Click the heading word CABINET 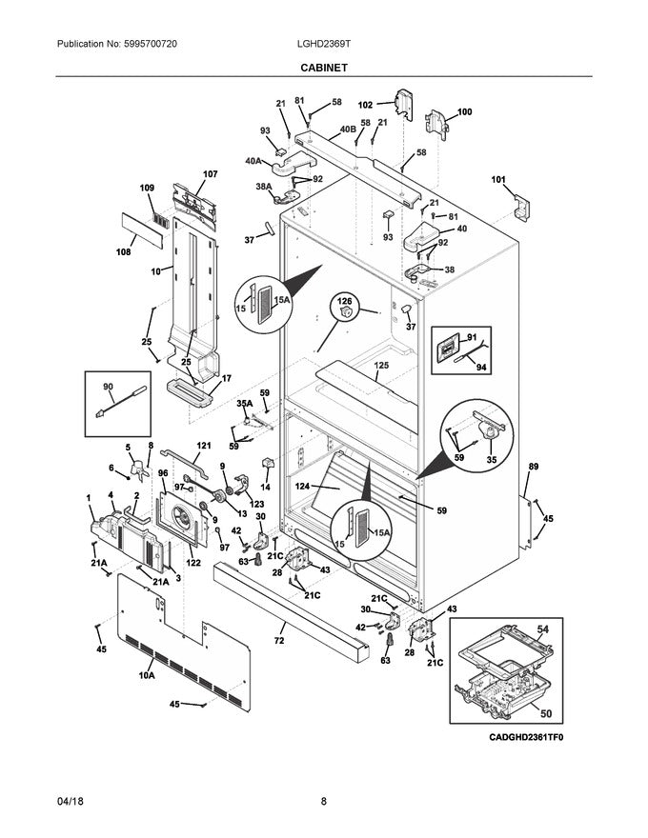tap(324, 69)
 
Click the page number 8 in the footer tap(324, 802)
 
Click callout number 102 tap(365, 105)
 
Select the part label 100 tap(464, 112)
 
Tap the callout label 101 tap(498, 178)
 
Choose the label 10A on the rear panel tap(146, 675)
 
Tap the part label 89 tap(533, 466)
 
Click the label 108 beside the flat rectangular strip tap(122, 252)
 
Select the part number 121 tap(203, 446)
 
